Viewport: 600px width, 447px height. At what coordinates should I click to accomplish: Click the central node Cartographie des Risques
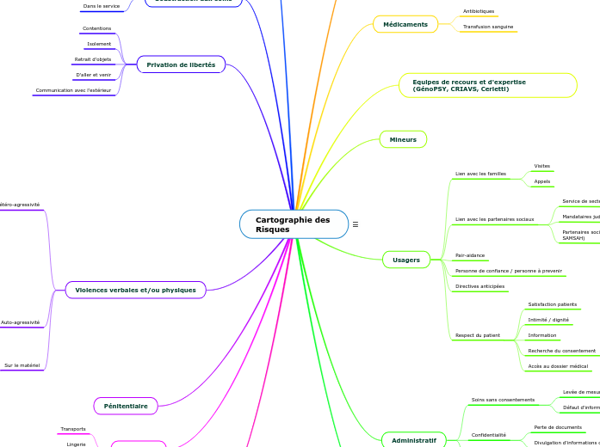(x=293, y=224)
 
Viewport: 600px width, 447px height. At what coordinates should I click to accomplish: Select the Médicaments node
(x=405, y=24)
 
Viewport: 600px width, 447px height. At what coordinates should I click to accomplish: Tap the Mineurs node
(x=403, y=139)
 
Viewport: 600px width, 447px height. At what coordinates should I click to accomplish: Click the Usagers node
(x=406, y=260)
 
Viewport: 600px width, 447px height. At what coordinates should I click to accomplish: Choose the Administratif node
(x=413, y=440)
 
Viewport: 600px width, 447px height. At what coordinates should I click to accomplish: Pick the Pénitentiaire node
(x=126, y=406)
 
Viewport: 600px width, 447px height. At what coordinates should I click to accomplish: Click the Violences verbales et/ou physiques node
(x=135, y=290)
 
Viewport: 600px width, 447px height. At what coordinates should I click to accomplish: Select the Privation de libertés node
(x=181, y=64)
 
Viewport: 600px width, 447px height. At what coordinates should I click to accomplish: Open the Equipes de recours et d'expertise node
(x=487, y=85)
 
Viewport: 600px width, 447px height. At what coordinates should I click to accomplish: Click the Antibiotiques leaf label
(x=479, y=11)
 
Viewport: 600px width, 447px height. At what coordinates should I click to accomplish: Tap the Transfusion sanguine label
(x=488, y=27)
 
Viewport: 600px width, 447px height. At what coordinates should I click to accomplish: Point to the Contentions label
(x=96, y=28)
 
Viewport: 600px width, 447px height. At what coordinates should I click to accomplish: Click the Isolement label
(x=99, y=44)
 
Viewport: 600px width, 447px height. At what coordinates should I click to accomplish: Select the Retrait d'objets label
(x=93, y=59)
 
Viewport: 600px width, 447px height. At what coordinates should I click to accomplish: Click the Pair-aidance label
(x=470, y=255)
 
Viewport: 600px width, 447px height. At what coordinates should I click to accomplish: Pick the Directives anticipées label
(x=480, y=286)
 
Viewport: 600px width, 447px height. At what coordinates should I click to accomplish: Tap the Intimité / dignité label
(x=548, y=320)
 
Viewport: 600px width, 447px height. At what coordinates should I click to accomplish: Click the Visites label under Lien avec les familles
(x=542, y=166)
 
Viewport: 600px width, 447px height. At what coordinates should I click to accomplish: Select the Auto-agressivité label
(x=20, y=322)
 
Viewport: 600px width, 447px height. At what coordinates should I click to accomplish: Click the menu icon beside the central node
(x=356, y=224)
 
